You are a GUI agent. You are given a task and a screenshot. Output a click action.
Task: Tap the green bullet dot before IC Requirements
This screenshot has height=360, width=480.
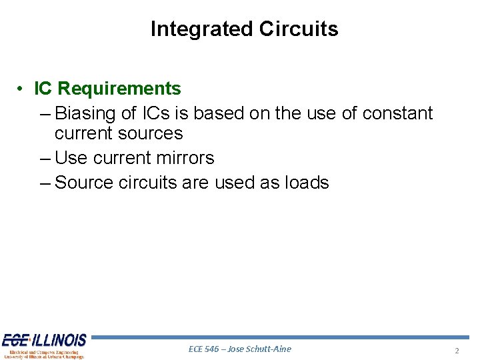tap(22, 89)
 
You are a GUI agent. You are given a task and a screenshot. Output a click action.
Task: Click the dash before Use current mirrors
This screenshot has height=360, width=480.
tap(45, 158)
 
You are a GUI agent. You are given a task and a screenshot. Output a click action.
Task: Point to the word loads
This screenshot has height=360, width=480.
tap(306, 183)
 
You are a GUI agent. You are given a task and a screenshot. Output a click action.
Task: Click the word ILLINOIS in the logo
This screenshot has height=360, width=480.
tap(60, 341)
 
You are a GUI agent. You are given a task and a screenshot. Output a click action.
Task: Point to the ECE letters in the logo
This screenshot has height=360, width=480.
tap(15, 341)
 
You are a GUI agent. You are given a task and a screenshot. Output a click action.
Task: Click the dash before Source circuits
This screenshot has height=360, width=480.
tap(45, 183)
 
